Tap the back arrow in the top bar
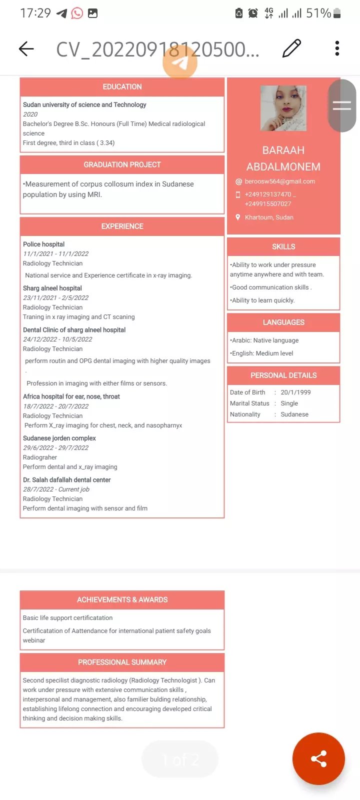(26, 48)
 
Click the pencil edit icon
(291, 48)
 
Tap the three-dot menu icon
(337, 48)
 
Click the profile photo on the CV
(283, 108)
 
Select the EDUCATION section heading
(122, 87)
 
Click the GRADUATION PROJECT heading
(122, 164)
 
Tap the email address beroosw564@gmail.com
(279, 181)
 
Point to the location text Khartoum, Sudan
(269, 217)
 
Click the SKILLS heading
(283, 246)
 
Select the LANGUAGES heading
(283, 322)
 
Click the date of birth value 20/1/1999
(295, 392)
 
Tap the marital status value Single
(289, 403)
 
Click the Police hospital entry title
(44, 244)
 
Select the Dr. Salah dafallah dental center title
(67, 480)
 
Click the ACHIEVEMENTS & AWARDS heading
(122, 599)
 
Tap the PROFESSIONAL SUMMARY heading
(122, 662)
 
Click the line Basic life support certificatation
(68, 618)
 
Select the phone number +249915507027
(267, 204)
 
